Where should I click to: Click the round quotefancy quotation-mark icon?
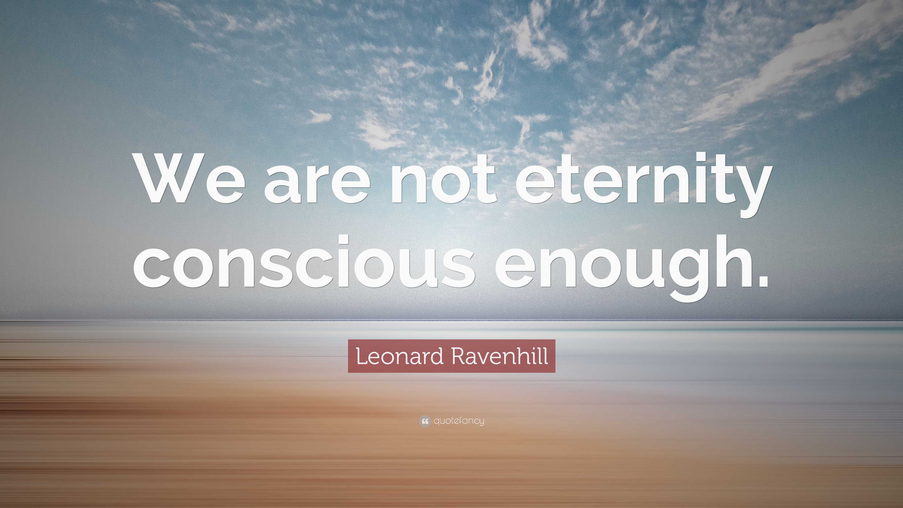coord(424,421)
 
